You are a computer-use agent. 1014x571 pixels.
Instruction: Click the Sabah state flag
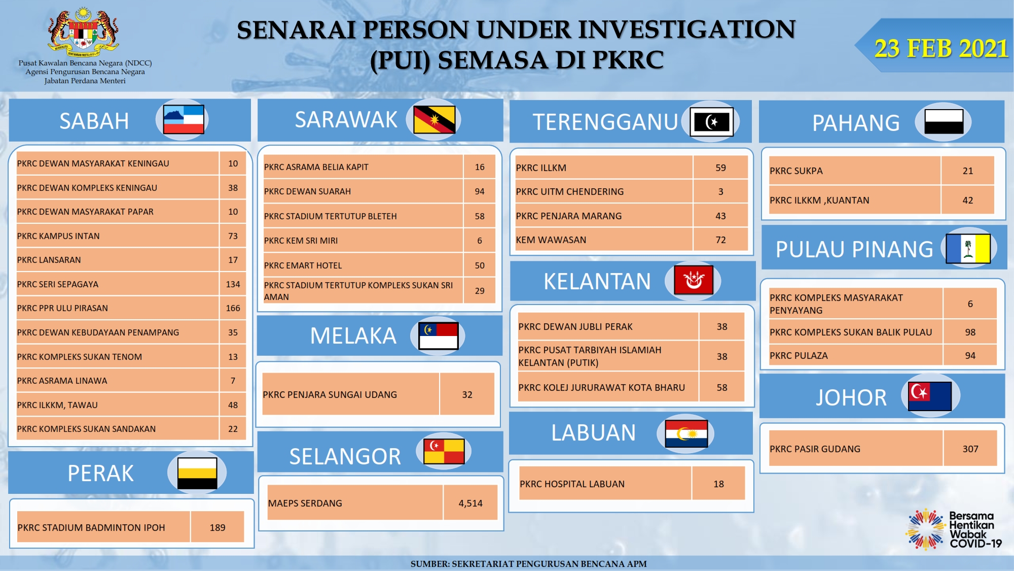[x=184, y=120]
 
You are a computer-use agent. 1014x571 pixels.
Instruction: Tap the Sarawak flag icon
[x=434, y=120]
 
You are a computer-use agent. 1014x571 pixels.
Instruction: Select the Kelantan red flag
[x=694, y=280]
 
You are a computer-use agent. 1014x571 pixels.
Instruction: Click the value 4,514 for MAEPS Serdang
[x=470, y=503]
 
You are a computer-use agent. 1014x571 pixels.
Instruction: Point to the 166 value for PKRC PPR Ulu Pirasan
[x=233, y=308]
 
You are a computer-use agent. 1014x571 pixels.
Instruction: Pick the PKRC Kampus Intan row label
[x=58, y=236]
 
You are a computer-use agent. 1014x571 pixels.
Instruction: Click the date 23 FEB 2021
[x=941, y=49]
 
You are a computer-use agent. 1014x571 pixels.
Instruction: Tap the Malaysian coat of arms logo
[x=84, y=31]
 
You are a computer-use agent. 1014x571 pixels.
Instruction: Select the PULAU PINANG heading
[x=854, y=249]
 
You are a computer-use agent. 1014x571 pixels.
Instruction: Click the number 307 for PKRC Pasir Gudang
[x=970, y=449]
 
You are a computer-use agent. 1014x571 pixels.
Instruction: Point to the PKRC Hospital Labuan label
[x=572, y=484]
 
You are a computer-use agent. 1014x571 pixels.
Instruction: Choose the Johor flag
[x=930, y=396]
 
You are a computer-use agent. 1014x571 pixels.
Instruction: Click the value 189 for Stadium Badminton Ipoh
[x=218, y=527]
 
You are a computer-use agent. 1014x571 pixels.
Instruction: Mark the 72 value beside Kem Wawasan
[x=720, y=240]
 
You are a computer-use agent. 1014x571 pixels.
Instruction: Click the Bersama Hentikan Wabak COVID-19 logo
[x=954, y=529]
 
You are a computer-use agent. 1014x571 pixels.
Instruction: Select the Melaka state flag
[x=439, y=335]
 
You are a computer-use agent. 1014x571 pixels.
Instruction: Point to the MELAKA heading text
[x=353, y=335]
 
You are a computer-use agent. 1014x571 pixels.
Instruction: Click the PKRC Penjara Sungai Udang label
[x=330, y=394]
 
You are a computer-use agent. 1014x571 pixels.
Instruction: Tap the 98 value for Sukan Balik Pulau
[x=970, y=332]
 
